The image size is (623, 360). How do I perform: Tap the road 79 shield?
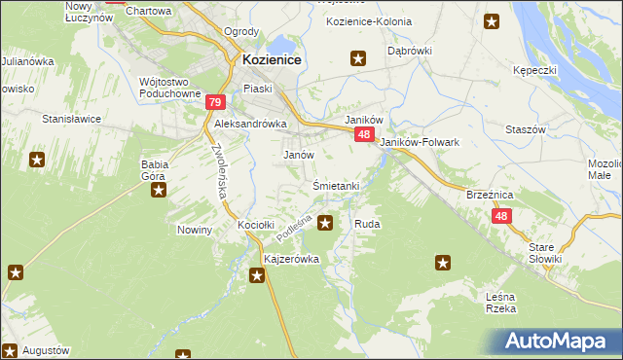tap(216, 102)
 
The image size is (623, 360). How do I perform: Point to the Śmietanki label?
tap(336, 186)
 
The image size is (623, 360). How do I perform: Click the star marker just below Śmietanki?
tap(325, 223)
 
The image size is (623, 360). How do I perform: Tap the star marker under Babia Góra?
tap(158, 191)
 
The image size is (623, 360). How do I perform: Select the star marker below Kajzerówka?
tap(257, 277)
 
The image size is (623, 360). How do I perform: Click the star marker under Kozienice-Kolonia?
tap(358, 59)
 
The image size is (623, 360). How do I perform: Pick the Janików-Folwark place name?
tap(419, 142)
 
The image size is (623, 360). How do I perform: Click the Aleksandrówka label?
tap(250, 125)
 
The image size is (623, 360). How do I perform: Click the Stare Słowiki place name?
tap(545, 253)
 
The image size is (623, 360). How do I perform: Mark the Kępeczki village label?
tap(534, 70)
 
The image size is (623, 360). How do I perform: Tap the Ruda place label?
tap(367, 224)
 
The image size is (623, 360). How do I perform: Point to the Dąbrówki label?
tap(410, 50)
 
